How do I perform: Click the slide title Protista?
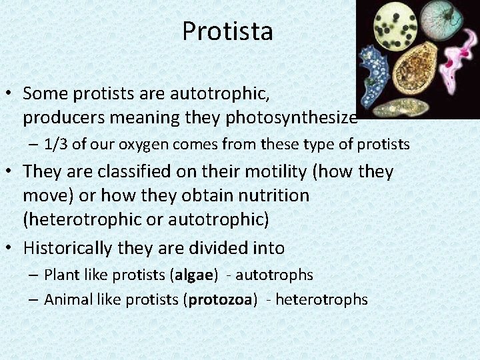pyautogui.click(x=227, y=31)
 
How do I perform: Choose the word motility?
pyautogui.click(x=274, y=171)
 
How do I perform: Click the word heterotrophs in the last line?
pyautogui.click(x=321, y=300)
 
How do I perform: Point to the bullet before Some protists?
pyautogui.click(x=11, y=93)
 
